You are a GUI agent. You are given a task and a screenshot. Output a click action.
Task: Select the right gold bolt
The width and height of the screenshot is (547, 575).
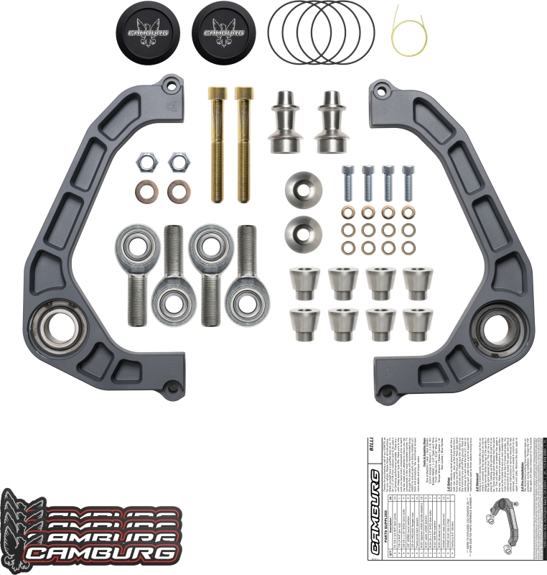[245, 144]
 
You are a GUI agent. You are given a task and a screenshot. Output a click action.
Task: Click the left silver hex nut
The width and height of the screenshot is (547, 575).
[146, 162]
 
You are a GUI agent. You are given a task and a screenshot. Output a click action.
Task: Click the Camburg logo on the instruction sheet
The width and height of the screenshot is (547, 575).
[374, 515]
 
